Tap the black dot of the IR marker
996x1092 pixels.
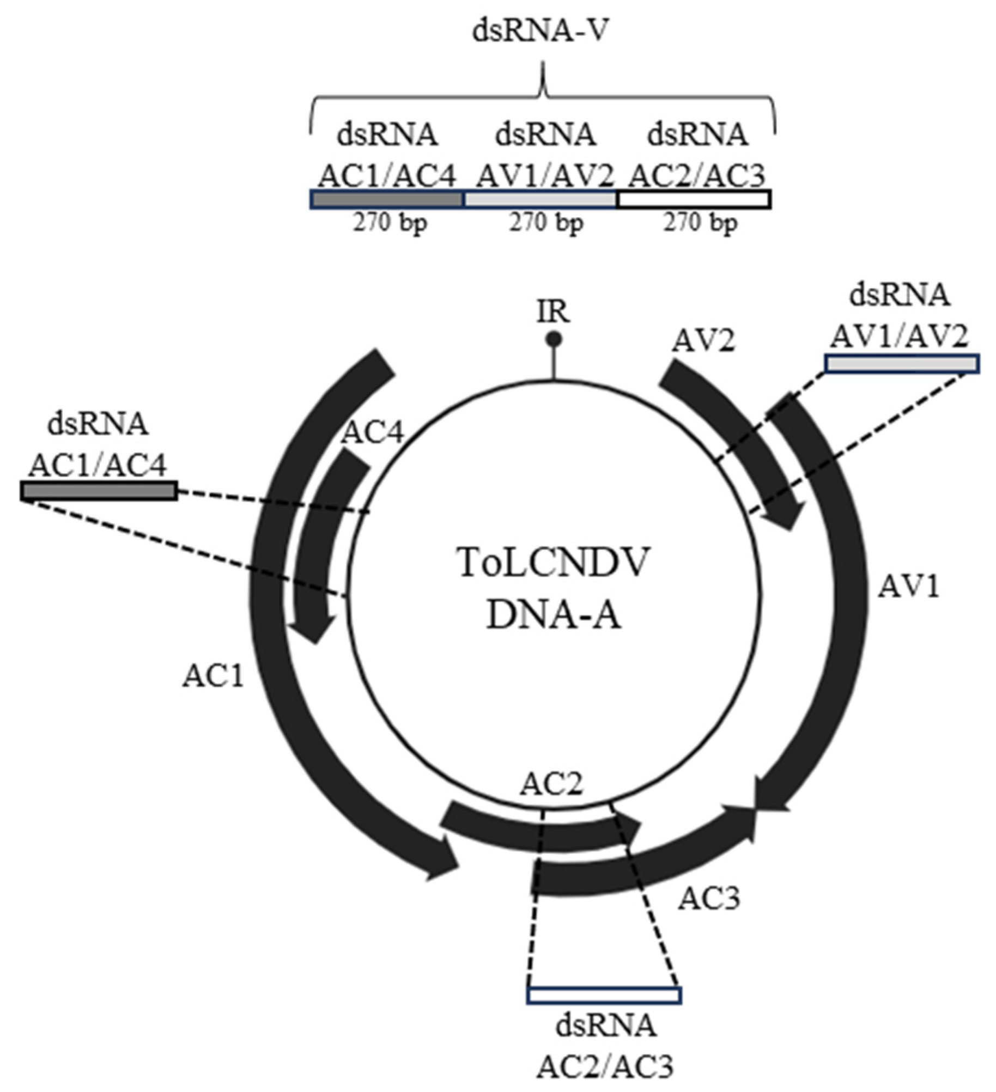554,340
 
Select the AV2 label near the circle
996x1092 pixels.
703,342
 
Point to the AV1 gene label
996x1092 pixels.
909,588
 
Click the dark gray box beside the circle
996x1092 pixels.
99,491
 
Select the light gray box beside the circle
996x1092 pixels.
902,363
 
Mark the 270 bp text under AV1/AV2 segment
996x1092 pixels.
545,223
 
